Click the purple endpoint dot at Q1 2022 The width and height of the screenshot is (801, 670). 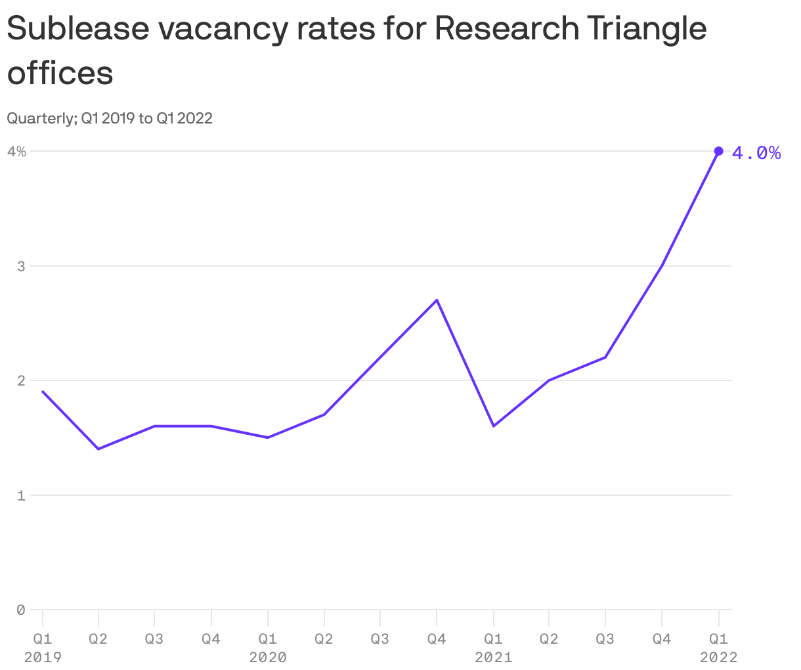pos(718,151)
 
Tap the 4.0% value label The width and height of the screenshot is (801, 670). pos(756,153)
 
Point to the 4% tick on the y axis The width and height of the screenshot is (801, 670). pos(16,152)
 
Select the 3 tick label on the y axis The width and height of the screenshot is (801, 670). pos(20,267)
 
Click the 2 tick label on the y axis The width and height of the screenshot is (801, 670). pos(20,381)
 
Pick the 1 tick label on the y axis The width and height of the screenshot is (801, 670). pos(20,496)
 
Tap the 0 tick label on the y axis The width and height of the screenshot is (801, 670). pos(20,610)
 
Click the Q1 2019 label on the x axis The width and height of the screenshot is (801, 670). pos(43,647)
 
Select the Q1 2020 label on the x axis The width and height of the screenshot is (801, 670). pos(268,647)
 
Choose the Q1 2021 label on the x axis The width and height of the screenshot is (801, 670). pos(493,647)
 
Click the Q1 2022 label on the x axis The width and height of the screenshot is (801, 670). pos(718,647)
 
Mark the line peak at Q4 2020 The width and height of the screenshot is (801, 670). pos(437,300)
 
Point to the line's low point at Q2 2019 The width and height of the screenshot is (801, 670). pos(98,449)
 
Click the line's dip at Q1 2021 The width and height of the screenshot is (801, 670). pos(493,426)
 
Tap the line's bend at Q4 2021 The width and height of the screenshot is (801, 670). pos(662,265)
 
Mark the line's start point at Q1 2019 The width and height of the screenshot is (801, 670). pos(43,391)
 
